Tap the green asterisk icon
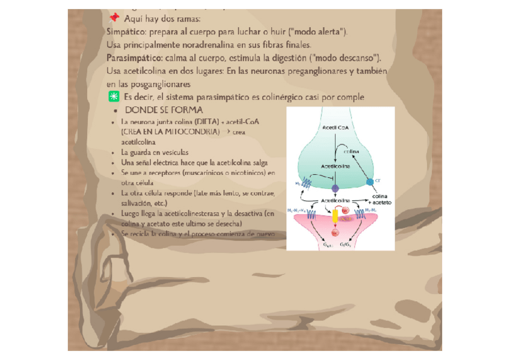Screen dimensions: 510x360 coord(113,97)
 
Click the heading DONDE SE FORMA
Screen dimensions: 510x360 coord(164,111)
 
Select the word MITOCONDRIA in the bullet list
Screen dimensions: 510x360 coord(186,131)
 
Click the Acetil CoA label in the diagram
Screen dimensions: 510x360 coord(334,128)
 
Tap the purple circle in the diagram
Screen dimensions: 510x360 coord(336,188)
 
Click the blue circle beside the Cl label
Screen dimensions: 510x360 coord(370,182)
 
